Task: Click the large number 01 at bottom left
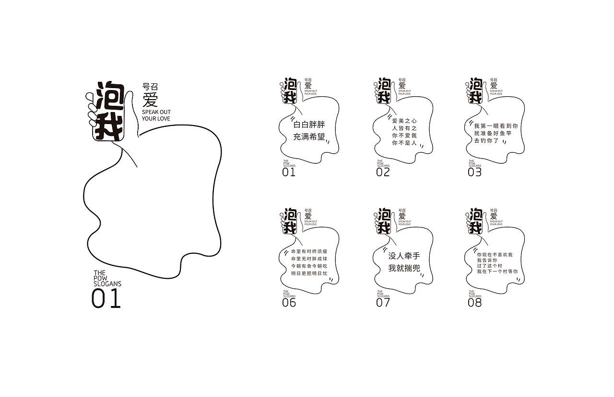(x=106, y=298)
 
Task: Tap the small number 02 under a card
(x=383, y=172)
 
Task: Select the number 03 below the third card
(x=474, y=172)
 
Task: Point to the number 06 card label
(x=289, y=303)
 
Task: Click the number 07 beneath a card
(x=383, y=303)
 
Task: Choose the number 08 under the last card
(x=474, y=303)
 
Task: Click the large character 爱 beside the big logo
(x=150, y=100)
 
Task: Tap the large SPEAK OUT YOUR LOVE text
(x=156, y=115)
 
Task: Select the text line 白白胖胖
(x=309, y=125)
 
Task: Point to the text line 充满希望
(x=309, y=137)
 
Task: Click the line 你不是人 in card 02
(x=404, y=143)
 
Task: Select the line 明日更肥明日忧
(x=309, y=273)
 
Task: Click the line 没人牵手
(x=404, y=256)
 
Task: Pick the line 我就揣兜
(x=404, y=268)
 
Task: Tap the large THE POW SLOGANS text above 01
(x=107, y=278)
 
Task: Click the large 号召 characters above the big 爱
(x=150, y=87)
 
